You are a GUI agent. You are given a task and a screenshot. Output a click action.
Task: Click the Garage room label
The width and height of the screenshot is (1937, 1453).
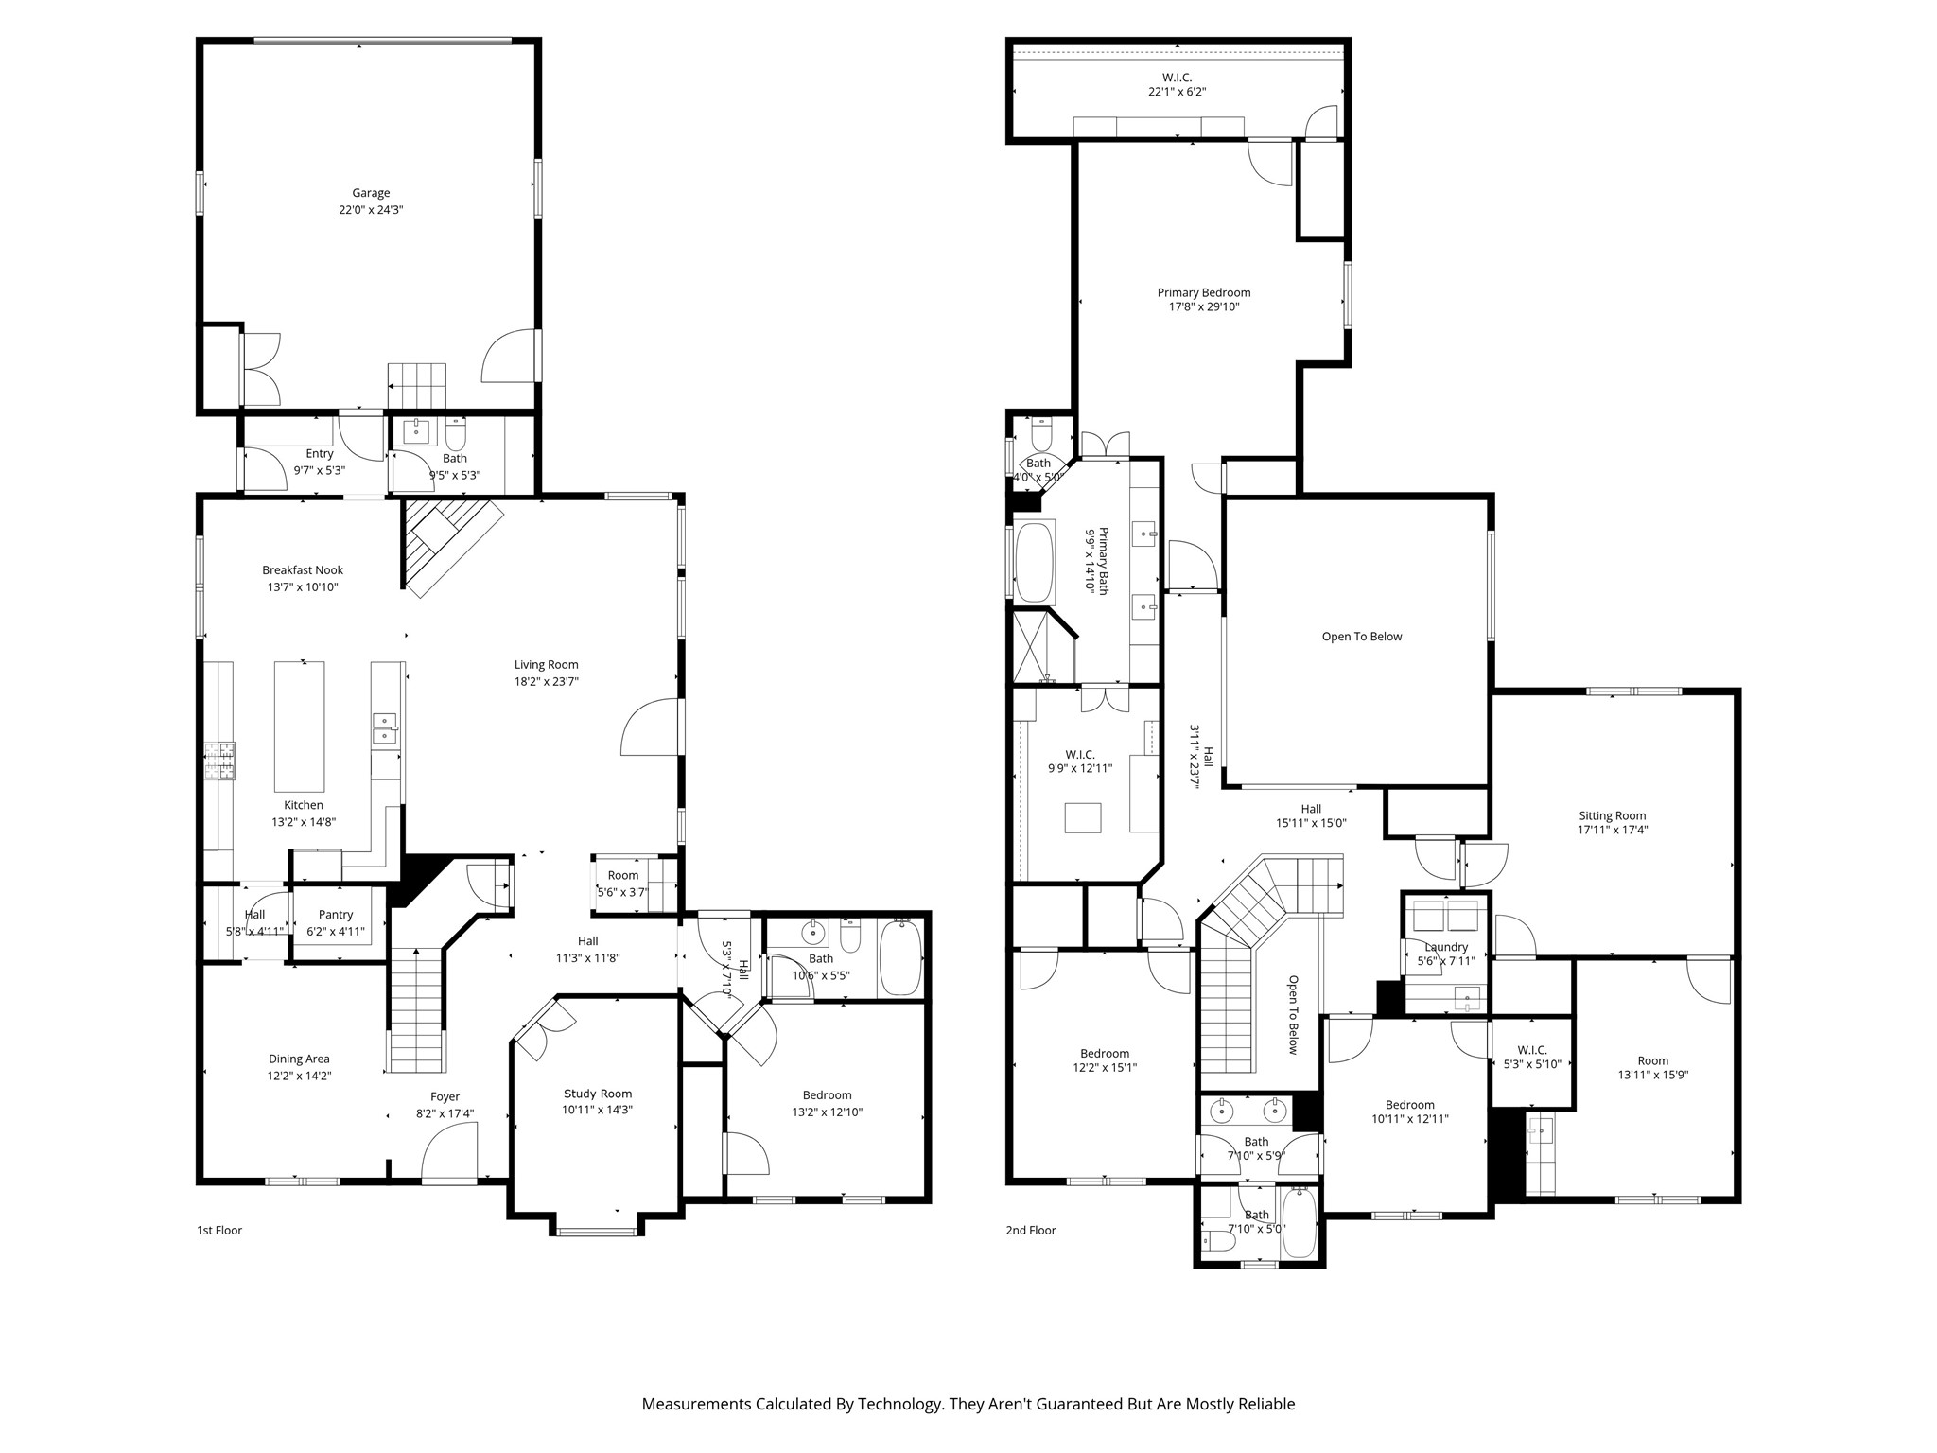coord(371,193)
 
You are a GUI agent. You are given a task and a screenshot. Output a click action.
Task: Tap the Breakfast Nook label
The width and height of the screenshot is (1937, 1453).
coord(303,570)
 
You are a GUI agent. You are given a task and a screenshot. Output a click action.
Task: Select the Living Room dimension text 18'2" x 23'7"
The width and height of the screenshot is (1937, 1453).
coord(547,681)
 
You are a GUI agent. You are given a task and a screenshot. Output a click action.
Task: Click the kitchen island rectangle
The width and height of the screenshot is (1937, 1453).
coord(299,726)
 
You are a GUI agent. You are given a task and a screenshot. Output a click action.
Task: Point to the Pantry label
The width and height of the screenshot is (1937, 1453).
coord(336,915)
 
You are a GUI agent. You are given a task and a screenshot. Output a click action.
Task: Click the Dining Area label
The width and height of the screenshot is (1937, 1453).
coord(299,1059)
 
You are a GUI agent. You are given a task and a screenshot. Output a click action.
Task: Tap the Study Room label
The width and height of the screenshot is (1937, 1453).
coord(598,1094)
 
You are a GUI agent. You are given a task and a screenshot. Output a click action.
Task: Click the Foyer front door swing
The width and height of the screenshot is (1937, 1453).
coord(449,1150)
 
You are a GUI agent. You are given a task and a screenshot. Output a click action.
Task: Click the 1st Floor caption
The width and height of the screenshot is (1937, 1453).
coord(219,1230)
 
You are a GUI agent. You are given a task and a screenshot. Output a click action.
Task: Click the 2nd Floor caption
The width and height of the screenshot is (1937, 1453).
coord(1031,1230)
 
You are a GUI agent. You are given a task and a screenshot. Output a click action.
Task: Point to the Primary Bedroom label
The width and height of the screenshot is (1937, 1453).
coord(1204,293)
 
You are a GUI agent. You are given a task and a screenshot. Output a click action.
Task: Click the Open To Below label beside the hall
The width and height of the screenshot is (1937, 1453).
coord(1362,637)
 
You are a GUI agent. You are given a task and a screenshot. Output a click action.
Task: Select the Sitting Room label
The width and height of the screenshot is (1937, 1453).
coord(1613,815)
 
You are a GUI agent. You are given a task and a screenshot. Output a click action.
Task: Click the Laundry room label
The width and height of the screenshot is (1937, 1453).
coord(1446,947)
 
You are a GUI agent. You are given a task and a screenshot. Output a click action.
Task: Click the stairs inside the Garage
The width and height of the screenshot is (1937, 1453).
coord(416,385)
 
